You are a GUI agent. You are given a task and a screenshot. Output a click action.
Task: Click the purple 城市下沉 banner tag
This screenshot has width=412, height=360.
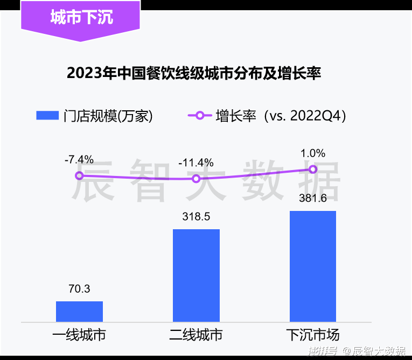point(80,18)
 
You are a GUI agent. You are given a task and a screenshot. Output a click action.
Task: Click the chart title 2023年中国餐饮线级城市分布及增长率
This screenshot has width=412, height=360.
point(194,74)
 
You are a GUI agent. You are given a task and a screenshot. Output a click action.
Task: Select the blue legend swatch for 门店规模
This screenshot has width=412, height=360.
point(47,116)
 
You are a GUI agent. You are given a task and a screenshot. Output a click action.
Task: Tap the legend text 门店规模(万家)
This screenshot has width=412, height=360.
point(108,116)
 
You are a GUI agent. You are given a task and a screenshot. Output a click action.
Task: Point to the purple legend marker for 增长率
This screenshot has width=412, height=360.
point(199,116)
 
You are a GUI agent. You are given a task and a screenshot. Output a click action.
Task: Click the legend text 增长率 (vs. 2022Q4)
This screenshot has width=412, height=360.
point(281,116)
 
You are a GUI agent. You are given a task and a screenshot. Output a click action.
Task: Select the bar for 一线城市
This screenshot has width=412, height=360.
point(79,311)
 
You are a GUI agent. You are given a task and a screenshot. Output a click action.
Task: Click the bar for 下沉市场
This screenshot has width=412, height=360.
point(313,266)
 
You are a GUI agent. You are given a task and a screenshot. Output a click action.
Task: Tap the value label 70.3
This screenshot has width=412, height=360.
point(79,289)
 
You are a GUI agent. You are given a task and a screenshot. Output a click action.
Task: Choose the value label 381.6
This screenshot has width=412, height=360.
point(313,198)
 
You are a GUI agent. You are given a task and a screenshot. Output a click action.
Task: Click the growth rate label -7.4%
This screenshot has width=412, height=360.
point(79,159)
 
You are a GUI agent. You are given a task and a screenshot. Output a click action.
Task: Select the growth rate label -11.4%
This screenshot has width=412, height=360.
point(196,163)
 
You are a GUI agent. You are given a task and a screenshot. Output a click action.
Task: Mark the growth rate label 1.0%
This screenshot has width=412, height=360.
point(313,153)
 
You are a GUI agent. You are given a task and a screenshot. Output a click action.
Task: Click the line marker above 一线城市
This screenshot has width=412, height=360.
point(79,175)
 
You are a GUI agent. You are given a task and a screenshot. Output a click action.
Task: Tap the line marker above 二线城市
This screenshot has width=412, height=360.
point(196,179)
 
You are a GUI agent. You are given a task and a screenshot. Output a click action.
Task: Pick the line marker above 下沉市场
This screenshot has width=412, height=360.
point(313,170)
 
